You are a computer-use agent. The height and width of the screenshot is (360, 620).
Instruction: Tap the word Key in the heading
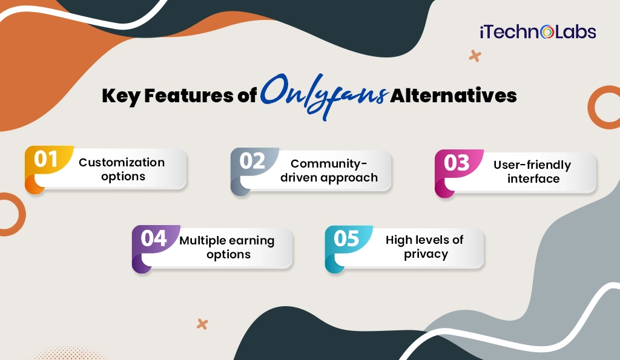click(120, 96)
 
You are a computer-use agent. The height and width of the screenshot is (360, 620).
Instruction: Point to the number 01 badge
click(46, 160)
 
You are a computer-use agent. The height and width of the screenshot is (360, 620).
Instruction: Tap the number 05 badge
click(347, 238)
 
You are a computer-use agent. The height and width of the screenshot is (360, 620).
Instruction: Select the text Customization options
click(122, 169)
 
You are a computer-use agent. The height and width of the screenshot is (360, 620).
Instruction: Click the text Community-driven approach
click(329, 171)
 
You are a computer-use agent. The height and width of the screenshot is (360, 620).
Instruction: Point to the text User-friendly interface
click(532, 172)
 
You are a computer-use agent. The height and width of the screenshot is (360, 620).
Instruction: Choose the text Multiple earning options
click(227, 247)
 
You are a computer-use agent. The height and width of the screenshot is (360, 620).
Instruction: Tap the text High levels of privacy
click(425, 247)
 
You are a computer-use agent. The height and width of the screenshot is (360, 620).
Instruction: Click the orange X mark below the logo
click(475, 56)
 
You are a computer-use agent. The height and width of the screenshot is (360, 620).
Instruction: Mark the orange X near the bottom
click(202, 324)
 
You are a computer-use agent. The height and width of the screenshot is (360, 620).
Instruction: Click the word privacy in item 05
click(426, 254)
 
